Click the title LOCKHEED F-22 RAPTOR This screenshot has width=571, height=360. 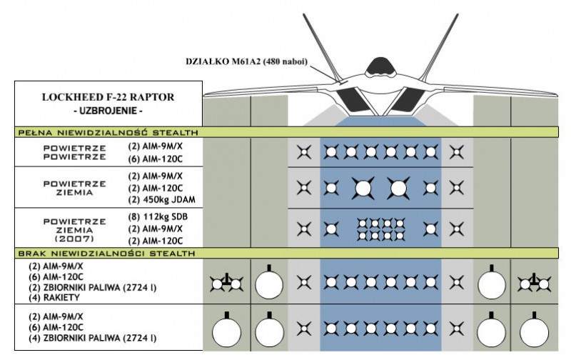point(108,97)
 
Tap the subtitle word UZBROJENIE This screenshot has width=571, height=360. point(108,111)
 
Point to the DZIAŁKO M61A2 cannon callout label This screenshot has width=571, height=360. point(246,61)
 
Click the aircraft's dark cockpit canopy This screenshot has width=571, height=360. point(380,66)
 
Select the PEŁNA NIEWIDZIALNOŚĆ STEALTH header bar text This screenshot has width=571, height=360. point(108,132)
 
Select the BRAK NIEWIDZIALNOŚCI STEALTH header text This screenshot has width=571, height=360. point(106,254)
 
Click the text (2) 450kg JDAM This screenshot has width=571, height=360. point(162,200)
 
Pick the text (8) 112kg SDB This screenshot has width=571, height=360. point(158,217)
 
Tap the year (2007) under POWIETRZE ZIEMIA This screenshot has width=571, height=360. point(74,239)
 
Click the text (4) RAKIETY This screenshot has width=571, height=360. point(54,298)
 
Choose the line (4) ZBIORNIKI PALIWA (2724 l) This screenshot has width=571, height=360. point(93,338)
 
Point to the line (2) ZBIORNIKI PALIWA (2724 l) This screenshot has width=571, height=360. point(93,287)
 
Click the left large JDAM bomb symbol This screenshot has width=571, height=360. point(363,188)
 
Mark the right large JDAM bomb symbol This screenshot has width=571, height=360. point(398,188)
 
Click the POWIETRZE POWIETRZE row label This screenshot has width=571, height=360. point(75,153)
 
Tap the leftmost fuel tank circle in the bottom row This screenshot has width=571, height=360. point(226,332)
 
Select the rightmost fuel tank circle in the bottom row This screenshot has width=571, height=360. point(534,332)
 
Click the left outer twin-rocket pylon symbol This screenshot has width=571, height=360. point(226,283)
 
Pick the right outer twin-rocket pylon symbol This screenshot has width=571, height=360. point(534,283)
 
